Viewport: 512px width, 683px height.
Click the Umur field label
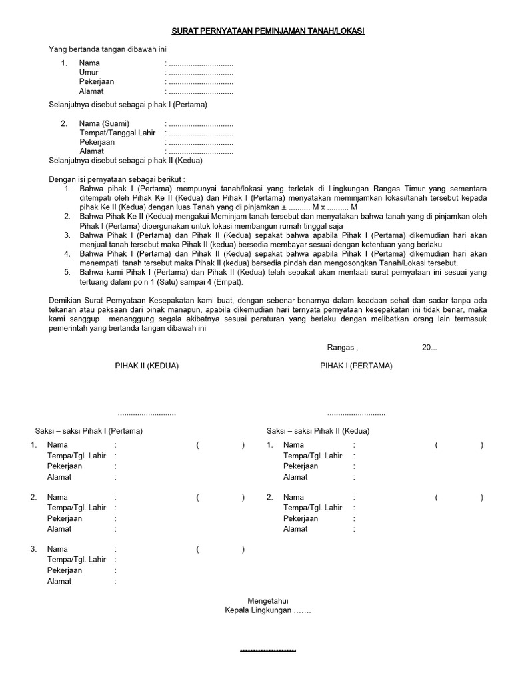(88, 73)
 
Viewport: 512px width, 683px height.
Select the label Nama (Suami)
(104, 124)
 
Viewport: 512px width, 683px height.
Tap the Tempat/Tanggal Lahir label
(117, 133)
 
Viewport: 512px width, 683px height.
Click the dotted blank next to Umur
(201, 73)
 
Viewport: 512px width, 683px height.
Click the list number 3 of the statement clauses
(67, 235)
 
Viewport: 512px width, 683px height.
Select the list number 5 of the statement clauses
(67, 272)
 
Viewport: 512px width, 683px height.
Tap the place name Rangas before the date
(341, 348)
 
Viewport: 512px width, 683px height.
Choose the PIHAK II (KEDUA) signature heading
(147, 366)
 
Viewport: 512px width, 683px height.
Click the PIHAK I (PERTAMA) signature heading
(356, 366)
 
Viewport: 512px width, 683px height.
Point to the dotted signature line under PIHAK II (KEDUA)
(147, 414)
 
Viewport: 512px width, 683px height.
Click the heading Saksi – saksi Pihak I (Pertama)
(89, 431)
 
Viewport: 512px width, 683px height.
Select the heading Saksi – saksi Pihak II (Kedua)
(318, 431)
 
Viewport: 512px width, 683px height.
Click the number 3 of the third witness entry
(33, 549)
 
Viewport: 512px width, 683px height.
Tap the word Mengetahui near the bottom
(268, 600)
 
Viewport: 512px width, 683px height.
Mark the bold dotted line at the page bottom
(267, 650)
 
